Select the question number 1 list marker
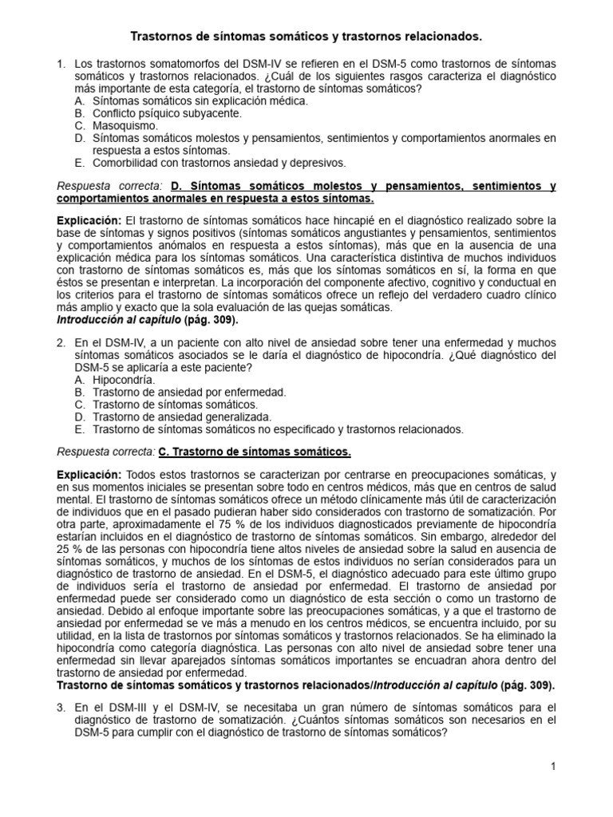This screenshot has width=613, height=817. coord(61,63)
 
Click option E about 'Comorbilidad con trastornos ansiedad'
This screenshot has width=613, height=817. coord(209,162)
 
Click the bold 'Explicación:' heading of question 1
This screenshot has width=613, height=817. coord(89,220)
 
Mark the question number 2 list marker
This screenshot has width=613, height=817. coord(61,343)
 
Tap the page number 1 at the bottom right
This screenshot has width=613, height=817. coord(552,767)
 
